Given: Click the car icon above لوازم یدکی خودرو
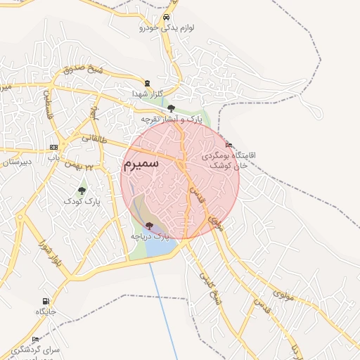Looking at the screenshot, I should pos(165,18).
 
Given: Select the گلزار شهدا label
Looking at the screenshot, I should pos(148,93).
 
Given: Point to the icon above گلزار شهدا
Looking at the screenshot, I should pos(147,83).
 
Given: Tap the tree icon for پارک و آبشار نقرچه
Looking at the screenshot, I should pos(171,108).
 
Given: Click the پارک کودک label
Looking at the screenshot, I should pos(82,201).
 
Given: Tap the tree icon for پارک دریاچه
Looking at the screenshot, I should pos(148,226).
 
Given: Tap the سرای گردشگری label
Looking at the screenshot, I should pos(41,349).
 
